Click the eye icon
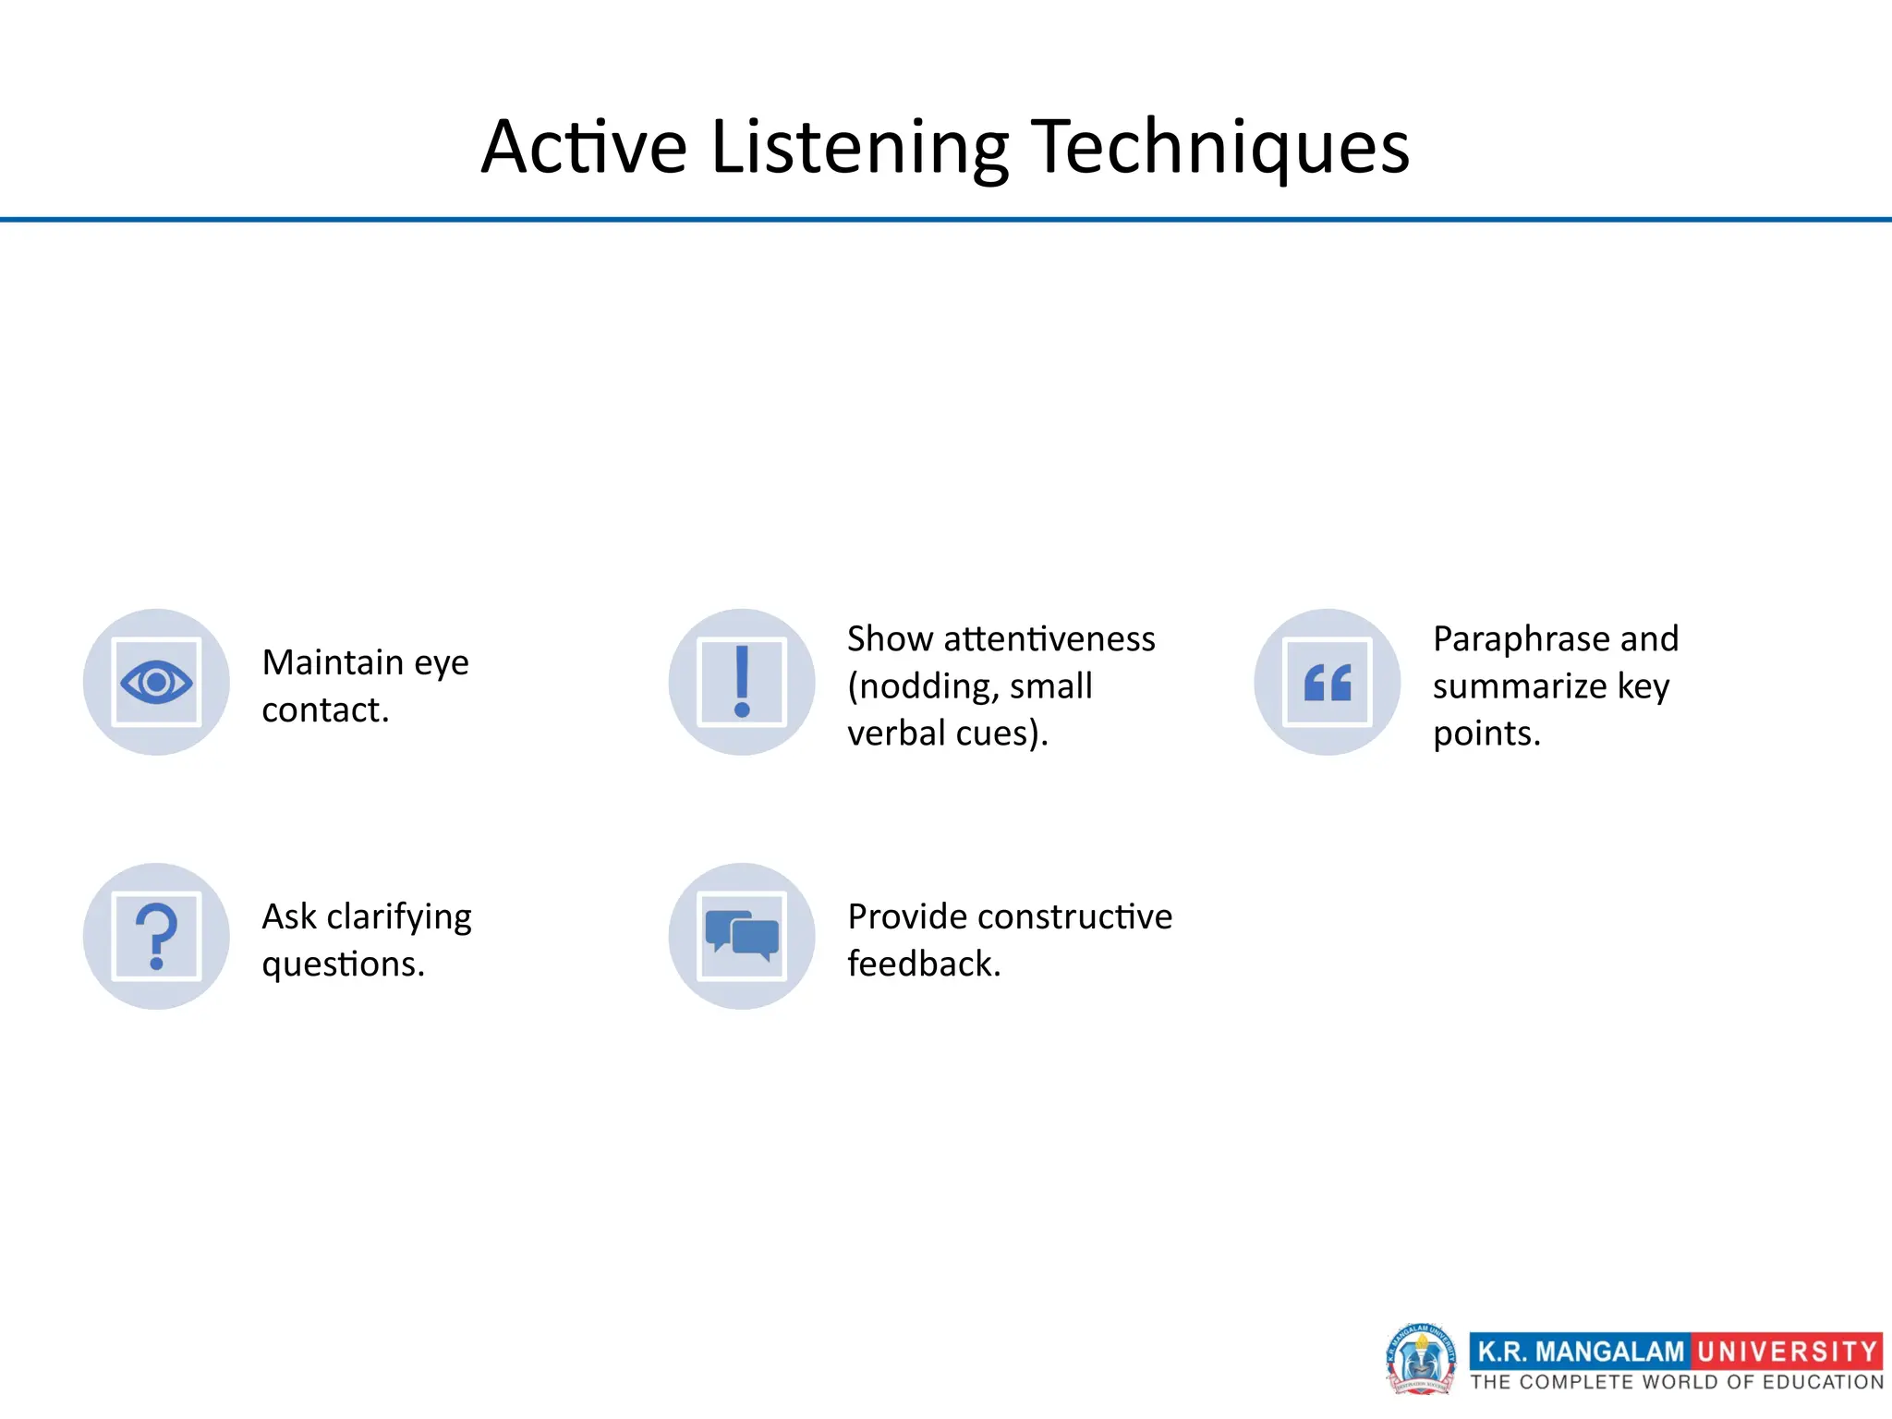(x=156, y=683)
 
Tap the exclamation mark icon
(x=742, y=683)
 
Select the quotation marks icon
(x=1328, y=683)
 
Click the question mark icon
(x=156, y=936)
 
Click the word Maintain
(x=333, y=662)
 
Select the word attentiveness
(x=1049, y=638)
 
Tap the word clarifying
(x=399, y=917)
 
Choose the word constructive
(x=1074, y=916)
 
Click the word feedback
(x=924, y=964)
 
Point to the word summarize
(x=1520, y=686)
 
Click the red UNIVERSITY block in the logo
(x=1787, y=1352)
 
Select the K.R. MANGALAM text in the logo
(x=1581, y=1352)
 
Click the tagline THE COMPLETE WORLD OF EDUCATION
(x=1677, y=1382)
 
